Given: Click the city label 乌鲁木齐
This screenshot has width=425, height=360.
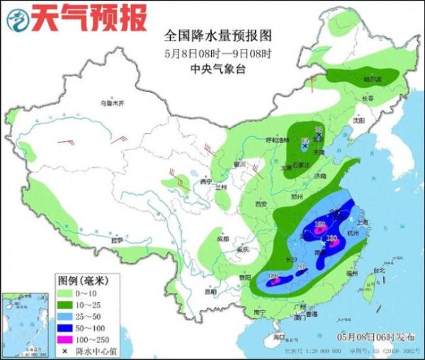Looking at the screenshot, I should (x=111, y=103).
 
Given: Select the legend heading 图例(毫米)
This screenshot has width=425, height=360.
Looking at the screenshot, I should (x=81, y=279).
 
